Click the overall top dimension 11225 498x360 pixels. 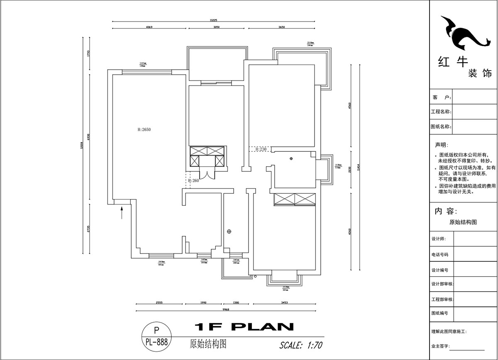tap(214, 20)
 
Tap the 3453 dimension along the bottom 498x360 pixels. tap(284, 303)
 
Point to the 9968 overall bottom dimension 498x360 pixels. tap(226, 309)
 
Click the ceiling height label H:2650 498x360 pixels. tap(144, 129)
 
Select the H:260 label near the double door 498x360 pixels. tap(193, 181)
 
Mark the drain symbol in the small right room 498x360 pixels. tap(291, 158)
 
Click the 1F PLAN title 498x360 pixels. tap(244, 327)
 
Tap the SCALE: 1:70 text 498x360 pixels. tap(301, 345)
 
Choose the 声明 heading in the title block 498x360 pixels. tap(441, 145)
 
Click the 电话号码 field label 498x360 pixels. tap(440, 255)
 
